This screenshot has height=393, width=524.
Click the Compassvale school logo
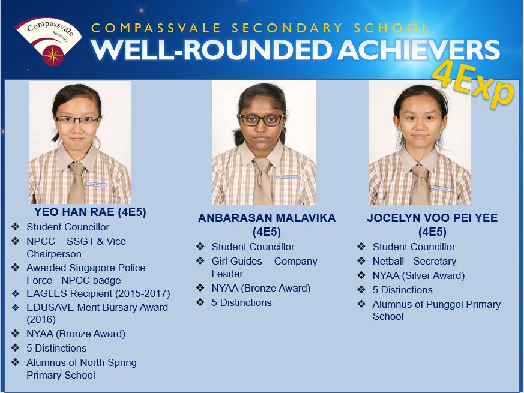click(49, 41)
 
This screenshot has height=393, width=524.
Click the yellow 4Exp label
click(473, 85)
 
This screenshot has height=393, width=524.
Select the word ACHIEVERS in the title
click(420, 50)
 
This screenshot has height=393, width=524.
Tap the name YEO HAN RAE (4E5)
click(90, 212)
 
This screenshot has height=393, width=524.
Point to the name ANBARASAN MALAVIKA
click(267, 218)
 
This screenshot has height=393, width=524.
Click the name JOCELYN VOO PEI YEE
click(432, 218)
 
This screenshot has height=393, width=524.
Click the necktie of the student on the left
click(76, 182)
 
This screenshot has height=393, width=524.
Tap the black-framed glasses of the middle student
click(262, 120)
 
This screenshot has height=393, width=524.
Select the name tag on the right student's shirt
click(441, 188)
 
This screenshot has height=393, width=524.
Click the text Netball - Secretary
click(414, 262)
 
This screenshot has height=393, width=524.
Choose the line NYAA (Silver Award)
click(418, 276)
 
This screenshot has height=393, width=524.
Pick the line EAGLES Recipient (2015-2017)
click(98, 294)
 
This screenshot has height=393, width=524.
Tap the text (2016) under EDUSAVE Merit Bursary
click(41, 319)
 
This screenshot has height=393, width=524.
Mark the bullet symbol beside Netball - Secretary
click(361, 261)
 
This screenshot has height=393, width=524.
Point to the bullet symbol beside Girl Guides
click(200, 260)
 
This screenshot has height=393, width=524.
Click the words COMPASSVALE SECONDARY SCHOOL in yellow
click(260, 28)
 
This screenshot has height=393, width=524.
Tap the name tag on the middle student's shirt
click(287, 177)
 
